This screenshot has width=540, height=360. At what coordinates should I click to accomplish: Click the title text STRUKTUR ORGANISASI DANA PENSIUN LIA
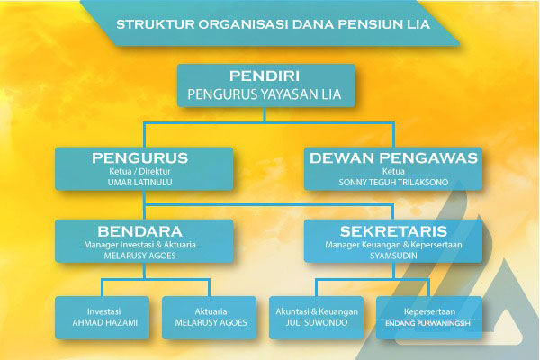(x=273, y=24)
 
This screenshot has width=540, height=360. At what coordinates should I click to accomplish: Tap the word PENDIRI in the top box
(x=265, y=76)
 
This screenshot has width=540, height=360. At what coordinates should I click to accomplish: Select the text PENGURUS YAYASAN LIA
(x=265, y=94)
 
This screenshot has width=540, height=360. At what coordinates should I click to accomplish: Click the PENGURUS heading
(x=139, y=158)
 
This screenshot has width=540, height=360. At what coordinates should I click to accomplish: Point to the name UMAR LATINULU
(x=139, y=182)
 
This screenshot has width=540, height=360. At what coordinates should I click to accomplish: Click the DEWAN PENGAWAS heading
(x=393, y=158)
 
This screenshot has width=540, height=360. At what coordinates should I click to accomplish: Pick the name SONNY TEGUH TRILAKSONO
(x=393, y=182)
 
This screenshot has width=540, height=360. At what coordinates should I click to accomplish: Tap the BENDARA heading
(x=139, y=231)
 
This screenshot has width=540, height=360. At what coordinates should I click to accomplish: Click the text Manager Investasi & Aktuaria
(x=139, y=245)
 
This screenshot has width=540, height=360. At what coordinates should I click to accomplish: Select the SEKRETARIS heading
(x=393, y=231)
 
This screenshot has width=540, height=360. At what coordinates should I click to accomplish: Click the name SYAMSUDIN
(x=393, y=256)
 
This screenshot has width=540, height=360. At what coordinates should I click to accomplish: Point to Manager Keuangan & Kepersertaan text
(x=393, y=245)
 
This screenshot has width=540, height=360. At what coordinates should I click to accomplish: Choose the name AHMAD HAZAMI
(x=104, y=322)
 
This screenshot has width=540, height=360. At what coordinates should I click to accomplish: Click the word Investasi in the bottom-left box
(x=104, y=311)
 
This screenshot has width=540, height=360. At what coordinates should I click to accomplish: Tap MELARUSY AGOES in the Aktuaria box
(x=211, y=322)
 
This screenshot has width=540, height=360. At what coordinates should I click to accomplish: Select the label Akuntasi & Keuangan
(x=317, y=311)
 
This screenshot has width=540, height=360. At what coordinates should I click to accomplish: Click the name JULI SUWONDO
(x=317, y=322)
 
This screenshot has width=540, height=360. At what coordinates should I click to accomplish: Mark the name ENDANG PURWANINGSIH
(x=427, y=323)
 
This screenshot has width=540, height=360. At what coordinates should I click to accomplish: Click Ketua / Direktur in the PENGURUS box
(x=139, y=171)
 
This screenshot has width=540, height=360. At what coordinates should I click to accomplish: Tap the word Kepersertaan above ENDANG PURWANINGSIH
(x=429, y=311)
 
